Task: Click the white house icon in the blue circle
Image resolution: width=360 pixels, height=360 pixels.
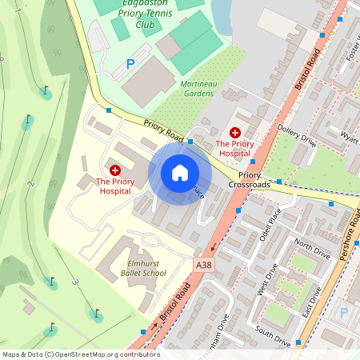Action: (180, 173)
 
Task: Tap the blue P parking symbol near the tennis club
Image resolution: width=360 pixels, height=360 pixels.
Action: (130, 63)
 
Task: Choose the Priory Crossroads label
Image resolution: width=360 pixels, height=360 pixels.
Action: (249, 180)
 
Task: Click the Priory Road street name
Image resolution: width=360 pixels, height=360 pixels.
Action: (165, 132)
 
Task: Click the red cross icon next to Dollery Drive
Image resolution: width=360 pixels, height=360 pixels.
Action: (235, 132)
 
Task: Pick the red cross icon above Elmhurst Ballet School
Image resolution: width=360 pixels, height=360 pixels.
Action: (114, 170)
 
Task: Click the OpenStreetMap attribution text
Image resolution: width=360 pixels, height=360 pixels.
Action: (80, 354)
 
